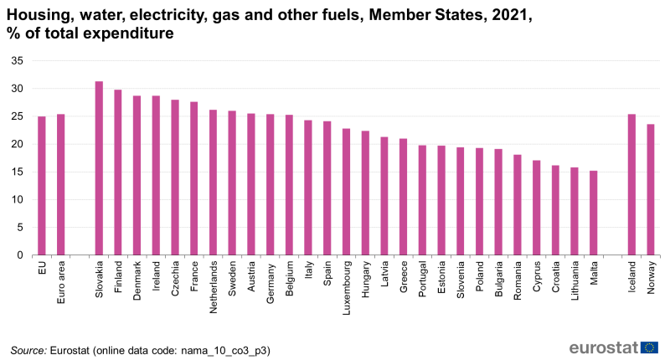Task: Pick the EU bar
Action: tap(42, 186)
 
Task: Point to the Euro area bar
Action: tap(61, 184)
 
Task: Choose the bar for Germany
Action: tap(271, 184)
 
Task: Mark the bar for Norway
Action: tap(651, 189)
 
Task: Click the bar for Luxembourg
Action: tap(347, 192)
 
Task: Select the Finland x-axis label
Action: tap(118, 276)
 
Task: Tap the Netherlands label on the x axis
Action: tap(214, 285)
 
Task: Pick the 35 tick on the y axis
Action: tap(17, 61)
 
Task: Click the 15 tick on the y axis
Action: tap(17, 172)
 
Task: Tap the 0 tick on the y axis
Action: tap(20, 255)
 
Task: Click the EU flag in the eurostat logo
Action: tap(650, 347)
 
